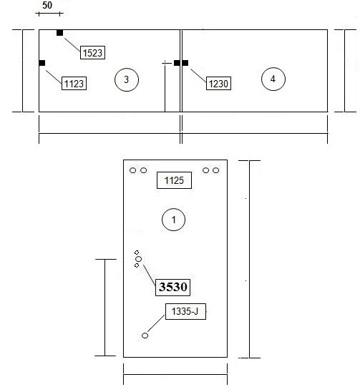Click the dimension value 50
(x=47, y=5)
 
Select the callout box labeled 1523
(x=92, y=52)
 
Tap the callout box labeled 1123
(x=74, y=84)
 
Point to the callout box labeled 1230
(x=218, y=84)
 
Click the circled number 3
(x=127, y=79)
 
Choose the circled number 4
(x=273, y=79)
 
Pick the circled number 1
(x=173, y=220)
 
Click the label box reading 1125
(x=174, y=180)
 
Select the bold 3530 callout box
(x=172, y=287)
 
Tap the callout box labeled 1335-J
(x=185, y=311)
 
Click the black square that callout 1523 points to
(x=59, y=33)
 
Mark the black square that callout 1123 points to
(x=42, y=63)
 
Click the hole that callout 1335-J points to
(x=145, y=335)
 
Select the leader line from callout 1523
(x=72, y=44)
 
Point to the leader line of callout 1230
(x=198, y=75)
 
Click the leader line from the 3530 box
(x=150, y=275)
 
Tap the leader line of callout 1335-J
(x=156, y=323)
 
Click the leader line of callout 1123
(x=54, y=77)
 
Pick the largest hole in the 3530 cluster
(x=139, y=259)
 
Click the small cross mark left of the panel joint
(x=165, y=63)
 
